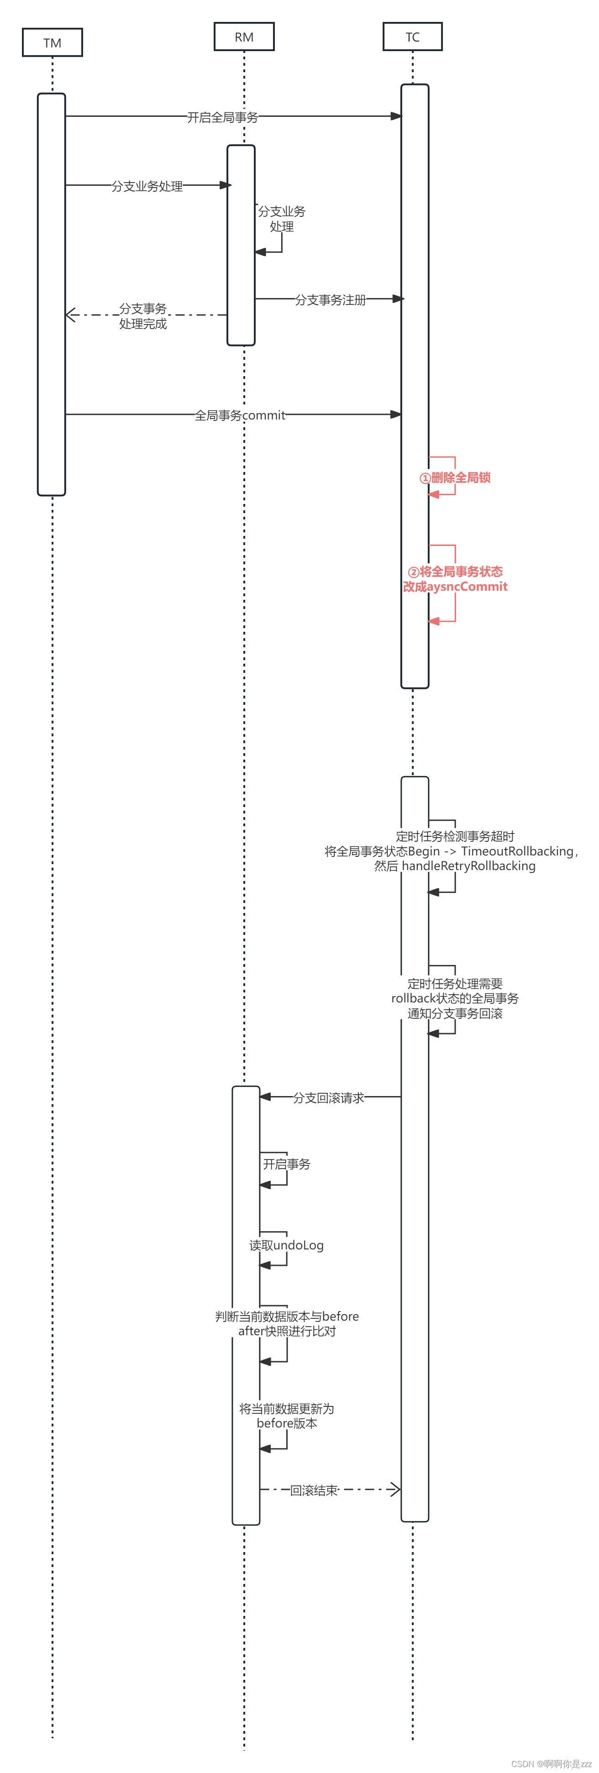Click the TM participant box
pyautogui.click(x=53, y=42)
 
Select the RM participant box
pyautogui.click(x=244, y=37)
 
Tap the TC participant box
pyautogui.click(x=412, y=37)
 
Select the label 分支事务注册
pyautogui.click(x=331, y=300)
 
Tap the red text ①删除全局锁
pyautogui.click(x=455, y=477)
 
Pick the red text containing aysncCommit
pyautogui.click(x=455, y=587)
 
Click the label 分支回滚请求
pyautogui.click(x=328, y=1098)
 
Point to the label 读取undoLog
pyautogui.click(x=286, y=1245)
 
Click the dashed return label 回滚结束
pyautogui.click(x=314, y=1490)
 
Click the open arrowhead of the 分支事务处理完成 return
pyautogui.click(x=70, y=315)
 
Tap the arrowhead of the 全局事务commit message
pyautogui.click(x=396, y=414)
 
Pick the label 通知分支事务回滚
pyautogui.click(x=455, y=1013)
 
